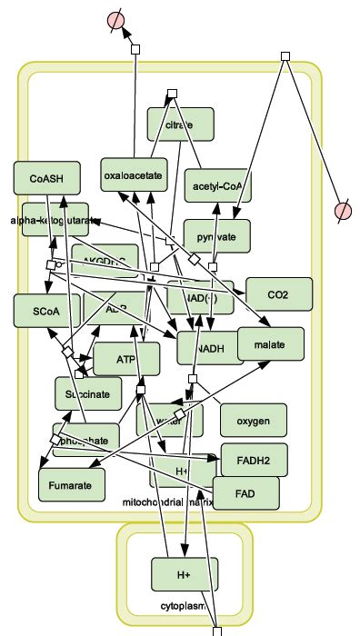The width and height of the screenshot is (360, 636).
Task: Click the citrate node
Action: [x=180, y=124]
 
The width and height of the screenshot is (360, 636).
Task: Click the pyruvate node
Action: [x=216, y=236]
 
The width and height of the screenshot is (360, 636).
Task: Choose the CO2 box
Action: [x=278, y=293]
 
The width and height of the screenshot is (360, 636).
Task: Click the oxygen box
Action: [x=253, y=421]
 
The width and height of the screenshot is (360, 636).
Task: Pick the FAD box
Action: [x=245, y=492]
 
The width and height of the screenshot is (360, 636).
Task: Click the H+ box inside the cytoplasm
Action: [x=185, y=575]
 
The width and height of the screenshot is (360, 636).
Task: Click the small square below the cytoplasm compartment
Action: [x=216, y=630]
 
